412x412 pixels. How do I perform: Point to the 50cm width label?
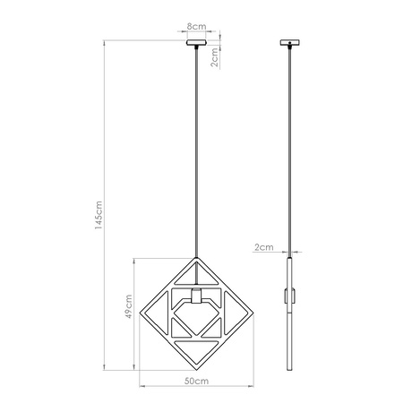196,382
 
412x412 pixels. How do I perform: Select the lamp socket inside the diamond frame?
196,298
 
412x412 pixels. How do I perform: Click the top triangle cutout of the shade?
195,273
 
